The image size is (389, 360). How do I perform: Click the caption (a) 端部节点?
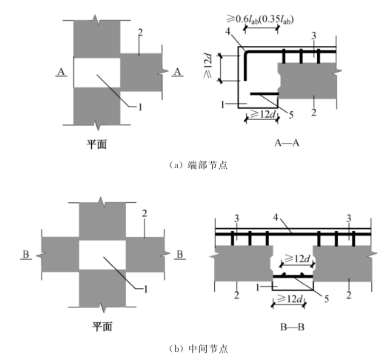coord(198,165)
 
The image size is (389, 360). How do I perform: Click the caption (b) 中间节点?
coord(199,349)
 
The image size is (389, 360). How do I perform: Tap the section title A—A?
coord(287,143)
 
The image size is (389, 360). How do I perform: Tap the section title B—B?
coord(292,327)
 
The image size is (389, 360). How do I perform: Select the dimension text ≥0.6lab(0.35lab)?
coord(260,19)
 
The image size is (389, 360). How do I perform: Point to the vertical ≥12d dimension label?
coord(208,66)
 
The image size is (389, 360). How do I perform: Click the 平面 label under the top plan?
coord(97,144)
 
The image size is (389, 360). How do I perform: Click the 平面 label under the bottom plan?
coord(102,326)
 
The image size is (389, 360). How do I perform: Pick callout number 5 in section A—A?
coord(291,115)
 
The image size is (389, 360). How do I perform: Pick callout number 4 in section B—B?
coord(276,218)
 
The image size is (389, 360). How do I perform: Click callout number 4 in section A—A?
coord(228,32)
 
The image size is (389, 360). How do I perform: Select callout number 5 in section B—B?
coord(327,299)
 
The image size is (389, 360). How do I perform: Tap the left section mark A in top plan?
coord(61,72)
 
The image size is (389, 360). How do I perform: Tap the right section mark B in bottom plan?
coord(179,255)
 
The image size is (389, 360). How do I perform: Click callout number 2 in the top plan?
coord(140,33)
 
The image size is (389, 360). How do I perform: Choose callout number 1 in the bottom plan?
coord(146,289)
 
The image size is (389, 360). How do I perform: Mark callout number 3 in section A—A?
coord(314,36)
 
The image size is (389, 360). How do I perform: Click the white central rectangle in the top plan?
coord(97,73)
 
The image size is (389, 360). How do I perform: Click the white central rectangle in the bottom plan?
coord(102,255)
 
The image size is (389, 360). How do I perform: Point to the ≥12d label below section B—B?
coord(290,299)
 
